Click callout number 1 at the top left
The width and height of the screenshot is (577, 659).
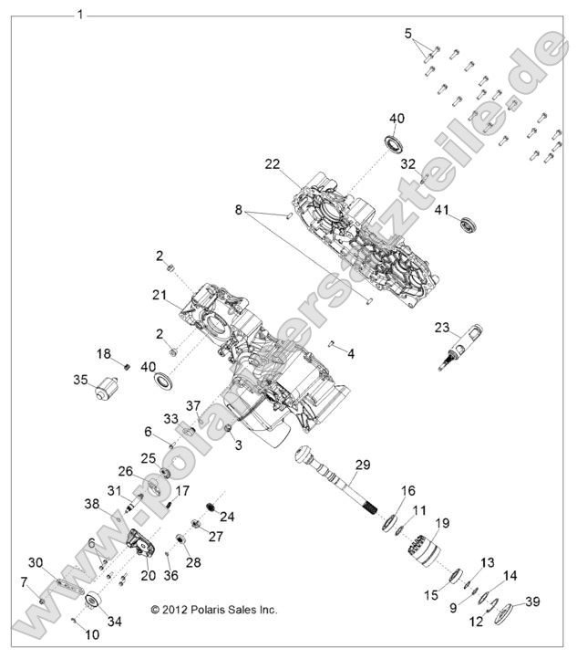pos(80,14)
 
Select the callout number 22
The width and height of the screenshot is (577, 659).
pos(272,164)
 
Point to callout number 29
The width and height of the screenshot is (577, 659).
pos(362,465)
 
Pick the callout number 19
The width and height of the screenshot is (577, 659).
pos(443,523)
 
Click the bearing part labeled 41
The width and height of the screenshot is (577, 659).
pos(471,225)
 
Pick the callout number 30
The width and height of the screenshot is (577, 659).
pos(36,561)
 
